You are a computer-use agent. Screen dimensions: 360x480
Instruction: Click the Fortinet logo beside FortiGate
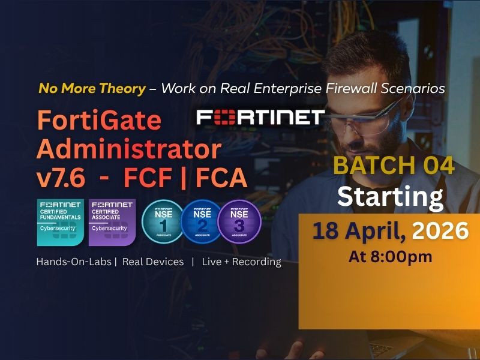(260, 117)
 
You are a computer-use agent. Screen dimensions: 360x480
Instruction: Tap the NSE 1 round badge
(163, 221)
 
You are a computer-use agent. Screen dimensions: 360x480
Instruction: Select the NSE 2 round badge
(201, 221)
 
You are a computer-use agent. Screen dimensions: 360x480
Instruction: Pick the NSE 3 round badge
(239, 221)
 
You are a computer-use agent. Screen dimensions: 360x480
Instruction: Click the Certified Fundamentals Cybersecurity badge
(60, 222)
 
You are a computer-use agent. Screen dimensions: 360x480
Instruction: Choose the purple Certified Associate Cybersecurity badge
(112, 222)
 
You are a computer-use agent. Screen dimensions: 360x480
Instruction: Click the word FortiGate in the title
(100, 121)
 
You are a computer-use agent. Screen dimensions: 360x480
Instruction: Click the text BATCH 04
(394, 166)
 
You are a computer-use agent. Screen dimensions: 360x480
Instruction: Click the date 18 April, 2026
(390, 231)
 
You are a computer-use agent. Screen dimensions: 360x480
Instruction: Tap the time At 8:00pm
(390, 257)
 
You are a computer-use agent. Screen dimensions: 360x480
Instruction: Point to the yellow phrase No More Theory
(92, 89)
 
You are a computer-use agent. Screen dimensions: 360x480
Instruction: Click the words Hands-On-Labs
(74, 262)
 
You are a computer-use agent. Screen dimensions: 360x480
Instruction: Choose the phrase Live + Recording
(241, 262)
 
